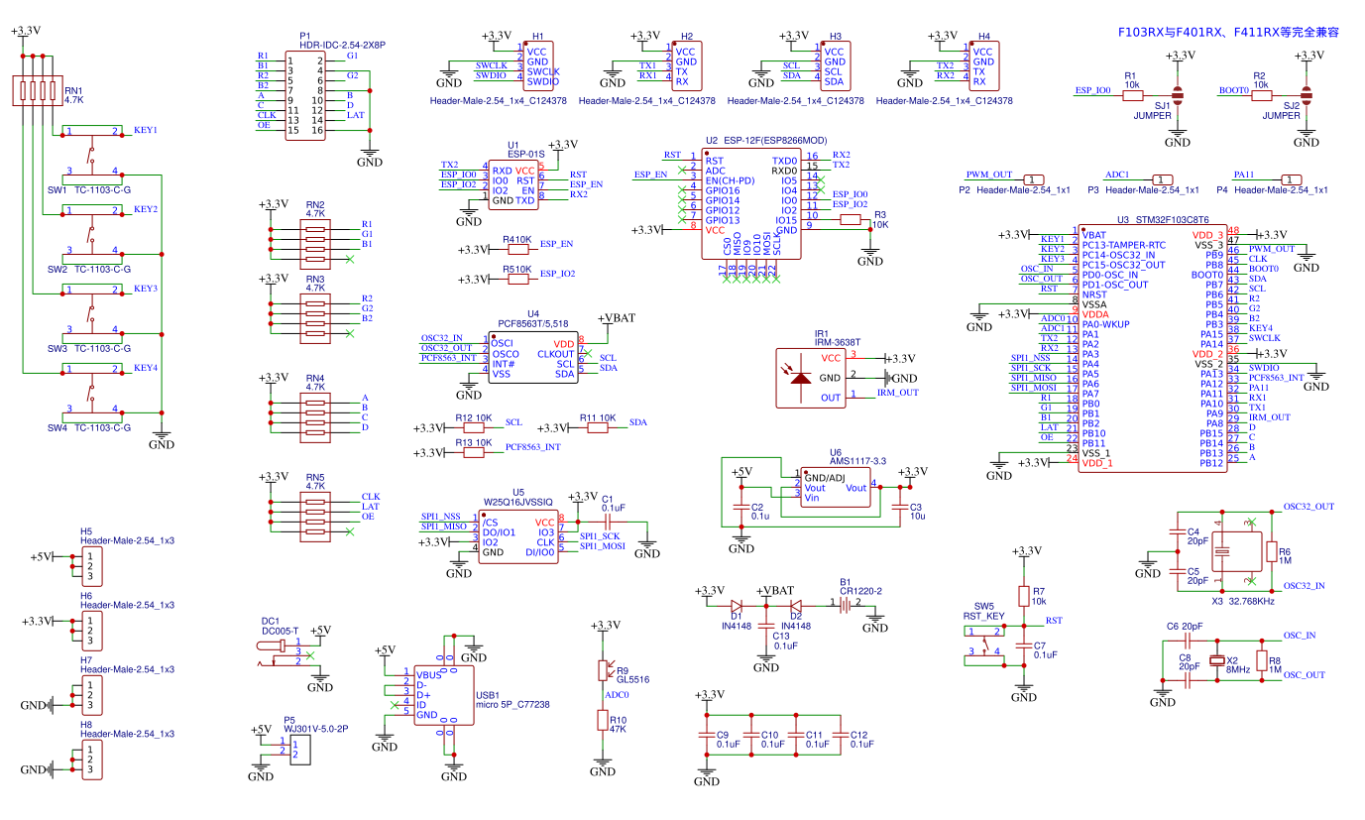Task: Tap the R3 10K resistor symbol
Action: (x=851, y=220)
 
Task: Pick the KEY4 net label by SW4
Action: (x=146, y=369)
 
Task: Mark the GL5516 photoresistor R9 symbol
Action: (x=601, y=670)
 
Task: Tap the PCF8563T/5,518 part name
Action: (x=533, y=324)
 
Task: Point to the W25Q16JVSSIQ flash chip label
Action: (x=518, y=503)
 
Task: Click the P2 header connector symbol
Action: (x=1032, y=178)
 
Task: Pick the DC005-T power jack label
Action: (x=281, y=631)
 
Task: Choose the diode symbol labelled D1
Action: (x=737, y=604)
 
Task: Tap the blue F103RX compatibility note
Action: (x=1228, y=32)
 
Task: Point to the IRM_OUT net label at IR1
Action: (x=897, y=393)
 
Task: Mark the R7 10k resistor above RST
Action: (x=1024, y=596)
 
